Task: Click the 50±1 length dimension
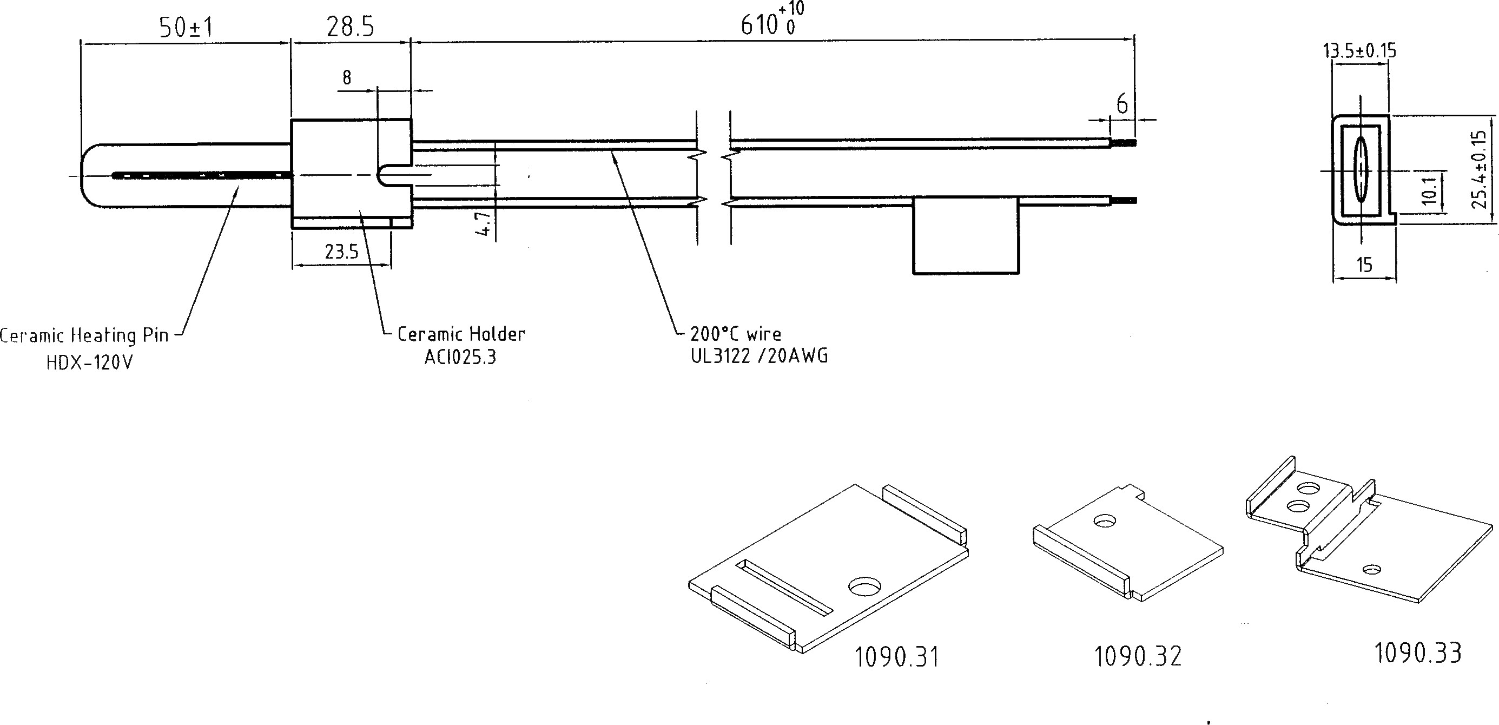click(x=186, y=28)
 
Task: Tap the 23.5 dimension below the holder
click(x=341, y=252)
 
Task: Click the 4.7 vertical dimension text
click(x=484, y=223)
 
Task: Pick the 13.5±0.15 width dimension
click(x=1359, y=51)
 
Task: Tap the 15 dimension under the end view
click(x=1364, y=265)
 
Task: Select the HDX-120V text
click(x=90, y=363)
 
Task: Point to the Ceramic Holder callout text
click(x=461, y=334)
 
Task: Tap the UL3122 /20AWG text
click(x=759, y=355)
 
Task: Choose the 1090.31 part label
click(x=896, y=657)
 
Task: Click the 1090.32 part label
click(x=1138, y=656)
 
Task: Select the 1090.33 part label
click(x=1417, y=653)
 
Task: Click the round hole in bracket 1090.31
click(x=864, y=586)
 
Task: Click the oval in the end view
click(x=1361, y=170)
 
